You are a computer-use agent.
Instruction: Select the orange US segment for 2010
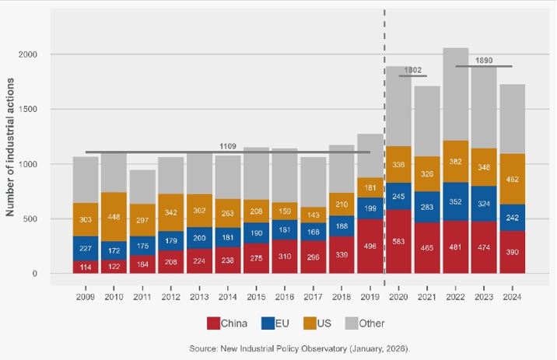(x=114, y=217)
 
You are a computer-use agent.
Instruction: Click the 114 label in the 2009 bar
(x=86, y=267)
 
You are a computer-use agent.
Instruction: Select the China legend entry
(x=229, y=322)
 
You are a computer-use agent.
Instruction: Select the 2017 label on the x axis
(x=313, y=295)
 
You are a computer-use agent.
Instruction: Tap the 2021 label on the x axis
(x=427, y=295)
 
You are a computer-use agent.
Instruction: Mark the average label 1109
(x=228, y=146)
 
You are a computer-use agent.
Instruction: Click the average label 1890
(x=484, y=61)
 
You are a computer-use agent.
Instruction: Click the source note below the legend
(x=300, y=347)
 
